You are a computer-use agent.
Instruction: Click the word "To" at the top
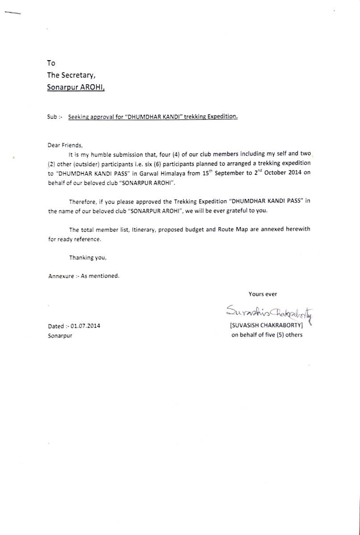(51, 63)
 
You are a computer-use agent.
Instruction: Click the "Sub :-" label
(54, 117)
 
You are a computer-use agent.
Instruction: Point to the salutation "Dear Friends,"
(65, 145)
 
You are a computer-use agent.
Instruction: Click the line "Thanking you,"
(88, 257)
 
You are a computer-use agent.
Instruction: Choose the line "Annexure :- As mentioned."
(84, 276)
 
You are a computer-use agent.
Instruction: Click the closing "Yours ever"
(263, 294)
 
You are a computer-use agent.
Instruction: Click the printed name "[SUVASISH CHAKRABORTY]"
(267, 325)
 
